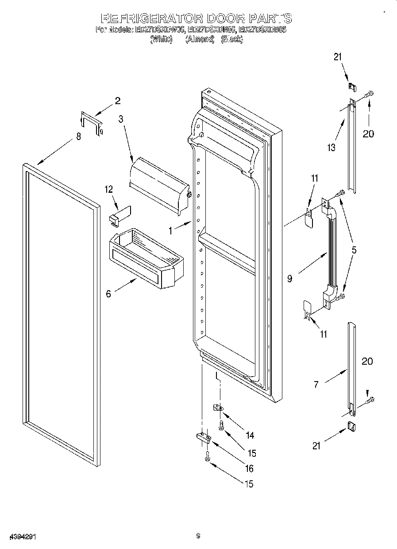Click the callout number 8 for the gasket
78,136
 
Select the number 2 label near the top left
117,101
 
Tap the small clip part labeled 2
91,123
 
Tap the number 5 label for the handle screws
354,250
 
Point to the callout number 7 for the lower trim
316,384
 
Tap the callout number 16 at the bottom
249,468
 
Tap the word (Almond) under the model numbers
200,39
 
